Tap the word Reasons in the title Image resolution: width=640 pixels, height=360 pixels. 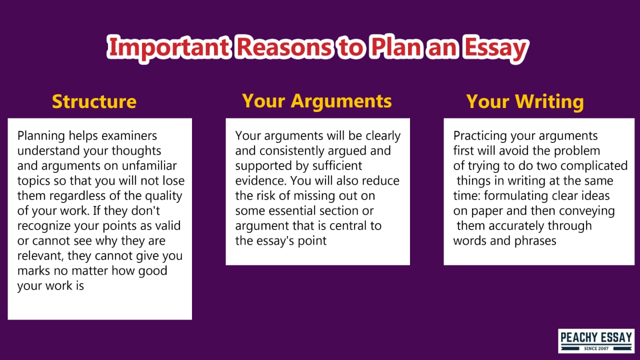[x=283, y=46]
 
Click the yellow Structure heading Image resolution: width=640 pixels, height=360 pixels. [x=94, y=101]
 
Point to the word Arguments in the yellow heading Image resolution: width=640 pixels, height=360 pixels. [x=341, y=101]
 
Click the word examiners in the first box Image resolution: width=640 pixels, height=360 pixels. [x=129, y=135]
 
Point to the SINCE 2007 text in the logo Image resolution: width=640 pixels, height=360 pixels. [x=596, y=348]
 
